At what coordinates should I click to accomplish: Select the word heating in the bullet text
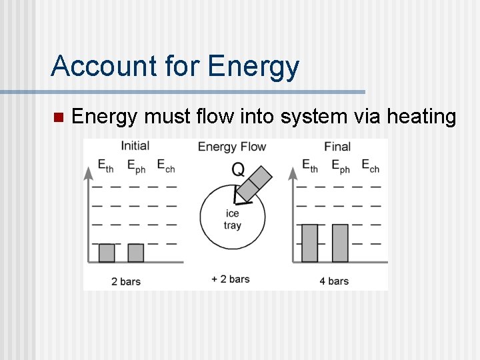[421, 117]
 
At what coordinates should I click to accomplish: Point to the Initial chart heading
[135, 145]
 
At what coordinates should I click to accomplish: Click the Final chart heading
[337, 146]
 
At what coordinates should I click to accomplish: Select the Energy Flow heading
[232, 147]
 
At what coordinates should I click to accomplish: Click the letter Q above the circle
[238, 169]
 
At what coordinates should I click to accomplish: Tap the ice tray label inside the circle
[232, 219]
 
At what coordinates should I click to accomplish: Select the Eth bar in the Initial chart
[107, 253]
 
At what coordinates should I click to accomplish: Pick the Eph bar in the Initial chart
[135, 253]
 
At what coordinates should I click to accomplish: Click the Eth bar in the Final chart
[310, 243]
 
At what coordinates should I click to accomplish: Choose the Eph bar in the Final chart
[340, 243]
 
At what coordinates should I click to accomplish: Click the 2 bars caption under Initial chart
[126, 281]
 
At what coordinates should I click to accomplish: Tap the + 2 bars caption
[231, 279]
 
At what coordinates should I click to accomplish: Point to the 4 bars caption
[334, 281]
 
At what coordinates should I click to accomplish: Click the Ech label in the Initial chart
[165, 165]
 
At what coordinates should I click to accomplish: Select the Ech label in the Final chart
[370, 165]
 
